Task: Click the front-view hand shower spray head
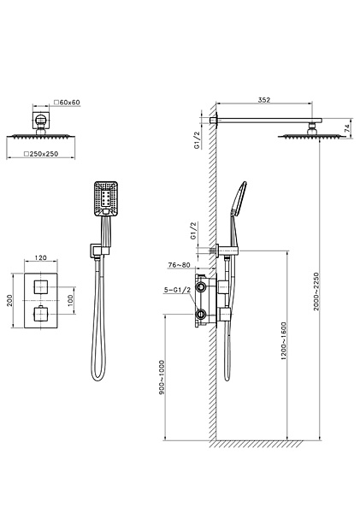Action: point(107,199)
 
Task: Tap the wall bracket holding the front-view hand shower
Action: point(95,251)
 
